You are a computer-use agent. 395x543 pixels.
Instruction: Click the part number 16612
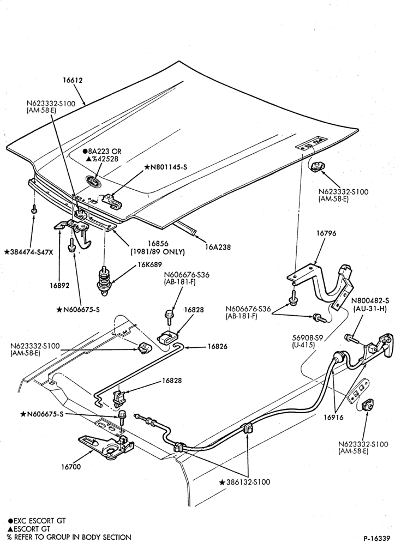pos(73,80)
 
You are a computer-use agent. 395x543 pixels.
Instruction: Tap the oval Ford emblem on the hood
pos(93,181)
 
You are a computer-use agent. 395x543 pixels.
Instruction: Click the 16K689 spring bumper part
pos(103,280)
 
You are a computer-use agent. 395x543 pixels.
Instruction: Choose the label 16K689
pos(150,265)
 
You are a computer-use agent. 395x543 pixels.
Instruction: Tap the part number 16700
pos(71,467)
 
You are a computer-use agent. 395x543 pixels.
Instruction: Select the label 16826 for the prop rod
pos(217,346)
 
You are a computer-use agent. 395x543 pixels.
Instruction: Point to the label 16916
pos(334,417)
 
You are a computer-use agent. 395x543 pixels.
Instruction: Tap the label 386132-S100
pos(248,482)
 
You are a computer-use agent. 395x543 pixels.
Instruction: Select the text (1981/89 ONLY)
pos(158,252)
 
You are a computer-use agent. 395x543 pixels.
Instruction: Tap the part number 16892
pos(59,286)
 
